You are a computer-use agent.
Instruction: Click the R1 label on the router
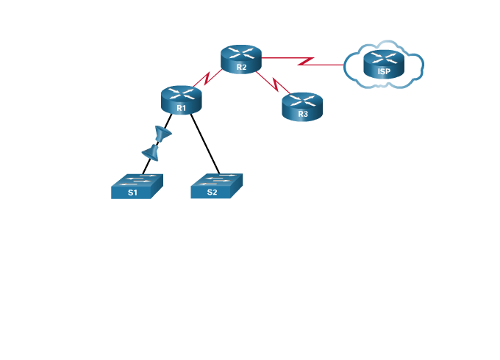point(181,108)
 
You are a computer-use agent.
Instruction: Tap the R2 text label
point(241,68)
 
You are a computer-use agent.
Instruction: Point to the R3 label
point(302,115)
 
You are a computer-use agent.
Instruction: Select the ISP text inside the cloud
point(384,72)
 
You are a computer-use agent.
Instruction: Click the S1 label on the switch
point(132,192)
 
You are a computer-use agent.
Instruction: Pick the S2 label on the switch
point(212,192)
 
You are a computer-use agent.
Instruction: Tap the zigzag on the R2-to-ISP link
point(306,61)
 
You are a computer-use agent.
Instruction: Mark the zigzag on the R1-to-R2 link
point(208,77)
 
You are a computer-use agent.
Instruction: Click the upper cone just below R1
point(163,134)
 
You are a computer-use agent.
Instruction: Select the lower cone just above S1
point(151,153)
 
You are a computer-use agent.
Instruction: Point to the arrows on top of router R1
point(181,93)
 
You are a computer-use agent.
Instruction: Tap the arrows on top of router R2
point(241,52)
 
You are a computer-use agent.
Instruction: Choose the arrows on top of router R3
point(302,99)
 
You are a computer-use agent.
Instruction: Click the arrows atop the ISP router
point(384,57)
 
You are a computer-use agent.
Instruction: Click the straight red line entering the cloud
point(331,65)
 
